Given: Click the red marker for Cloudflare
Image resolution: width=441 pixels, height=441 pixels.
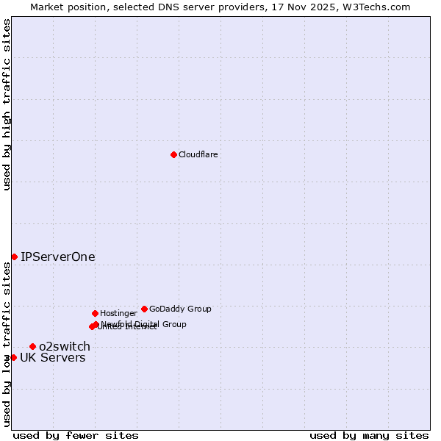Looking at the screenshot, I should (x=173, y=154).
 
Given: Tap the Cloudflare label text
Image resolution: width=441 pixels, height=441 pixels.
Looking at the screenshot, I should (x=198, y=155).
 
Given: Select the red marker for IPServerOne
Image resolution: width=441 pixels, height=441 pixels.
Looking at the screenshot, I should (x=14, y=257).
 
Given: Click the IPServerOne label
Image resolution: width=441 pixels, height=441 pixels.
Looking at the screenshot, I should (x=57, y=257).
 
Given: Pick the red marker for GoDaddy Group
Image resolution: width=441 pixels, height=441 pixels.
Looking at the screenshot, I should (x=144, y=309).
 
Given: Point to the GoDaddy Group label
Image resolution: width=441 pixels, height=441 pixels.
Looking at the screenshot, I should (x=180, y=309).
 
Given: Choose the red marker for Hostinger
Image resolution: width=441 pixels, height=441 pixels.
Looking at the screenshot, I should (x=95, y=313).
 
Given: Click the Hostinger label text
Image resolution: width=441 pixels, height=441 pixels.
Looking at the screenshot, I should (x=118, y=314).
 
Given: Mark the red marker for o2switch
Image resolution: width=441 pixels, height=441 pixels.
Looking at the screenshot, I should (x=32, y=346).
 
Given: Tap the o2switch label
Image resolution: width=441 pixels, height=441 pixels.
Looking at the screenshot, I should (x=65, y=347).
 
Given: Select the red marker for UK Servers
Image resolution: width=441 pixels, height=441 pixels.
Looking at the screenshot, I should (x=13, y=357).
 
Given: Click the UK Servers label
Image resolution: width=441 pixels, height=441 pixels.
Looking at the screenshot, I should (x=52, y=358).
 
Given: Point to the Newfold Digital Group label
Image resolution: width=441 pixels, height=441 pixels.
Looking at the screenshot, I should (x=144, y=324).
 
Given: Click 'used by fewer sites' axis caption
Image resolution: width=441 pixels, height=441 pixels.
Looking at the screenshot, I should (x=76, y=436).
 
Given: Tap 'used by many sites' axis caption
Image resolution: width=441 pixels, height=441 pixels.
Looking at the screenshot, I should (x=369, y=436).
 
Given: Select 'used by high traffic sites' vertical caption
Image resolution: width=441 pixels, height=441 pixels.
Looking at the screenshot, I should (x=7, y=104).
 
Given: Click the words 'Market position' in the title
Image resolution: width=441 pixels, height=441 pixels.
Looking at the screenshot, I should (x=64, y=7).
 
